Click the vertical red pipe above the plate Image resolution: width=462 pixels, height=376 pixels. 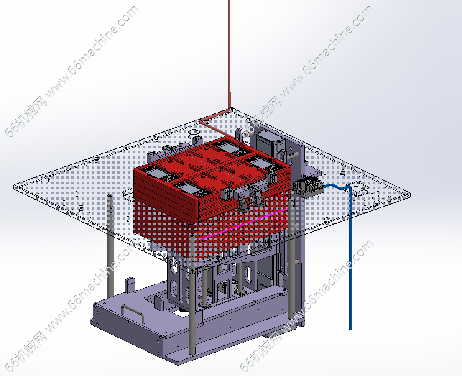(x=229, y=54)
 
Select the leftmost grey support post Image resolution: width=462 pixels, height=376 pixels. (x=110, y=246)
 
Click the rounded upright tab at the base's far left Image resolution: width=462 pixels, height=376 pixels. (x=130, y=285)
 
